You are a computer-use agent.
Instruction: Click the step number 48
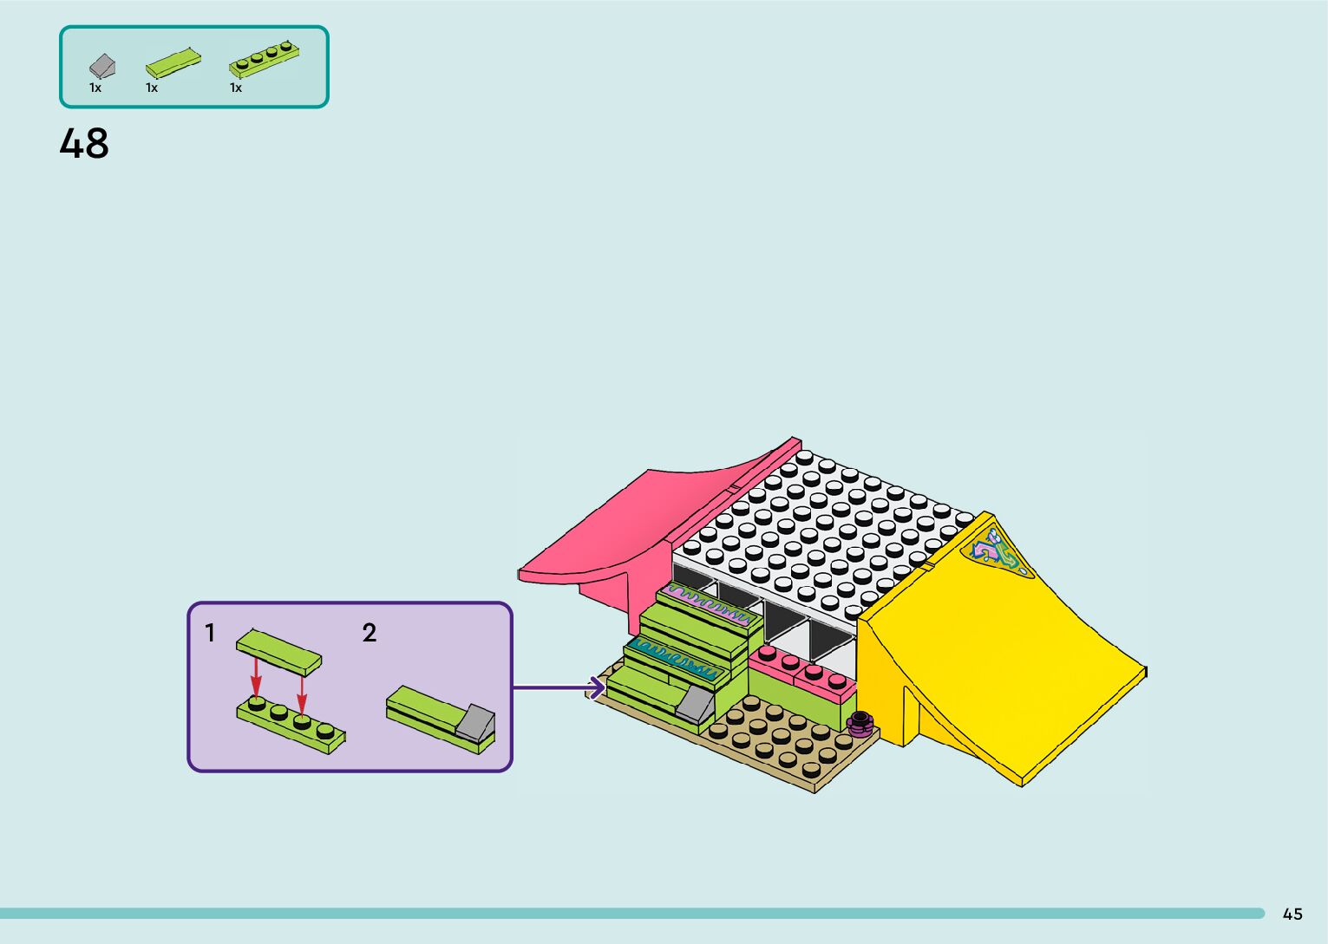[x=84, y=144]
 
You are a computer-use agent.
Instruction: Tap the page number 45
[x=1292, y=914]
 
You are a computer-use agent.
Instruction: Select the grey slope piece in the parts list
[x=101, y=65]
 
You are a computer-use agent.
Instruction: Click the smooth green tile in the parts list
[x=173, y=63]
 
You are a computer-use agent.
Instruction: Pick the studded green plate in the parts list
[x=265, y=58]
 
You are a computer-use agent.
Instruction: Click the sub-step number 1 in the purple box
[x=209, y=634]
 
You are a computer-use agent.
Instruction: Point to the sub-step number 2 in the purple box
[x=370, y=634]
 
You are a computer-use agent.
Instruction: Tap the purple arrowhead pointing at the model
[x=597, y=688]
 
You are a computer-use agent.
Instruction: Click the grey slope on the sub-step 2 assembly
[x=474, y=721]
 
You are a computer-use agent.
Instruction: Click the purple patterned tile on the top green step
[x=704, y=603]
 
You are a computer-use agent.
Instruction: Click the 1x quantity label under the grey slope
[x=95, y=88]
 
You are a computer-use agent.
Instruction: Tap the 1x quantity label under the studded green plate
[x=236, y=88]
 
